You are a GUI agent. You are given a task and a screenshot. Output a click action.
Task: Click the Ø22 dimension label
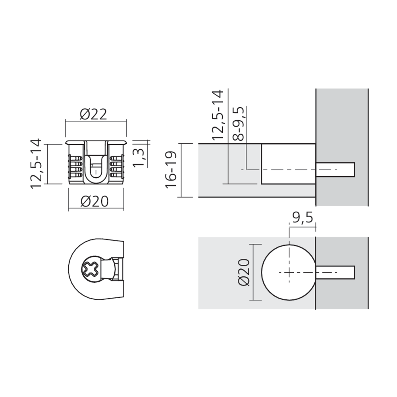93,115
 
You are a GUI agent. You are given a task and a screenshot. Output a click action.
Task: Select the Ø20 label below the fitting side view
94,202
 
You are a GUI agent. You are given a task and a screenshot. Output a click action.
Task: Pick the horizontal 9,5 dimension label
302,218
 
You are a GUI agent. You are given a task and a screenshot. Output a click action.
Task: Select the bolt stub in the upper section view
335,170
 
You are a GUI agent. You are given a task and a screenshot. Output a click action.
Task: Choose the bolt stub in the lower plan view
335,272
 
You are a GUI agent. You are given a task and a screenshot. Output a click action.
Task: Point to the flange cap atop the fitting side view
96,141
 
